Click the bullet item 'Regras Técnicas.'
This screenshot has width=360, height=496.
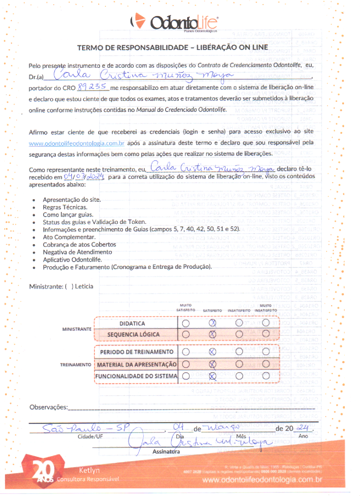pyautogui.click(x=65, y=207)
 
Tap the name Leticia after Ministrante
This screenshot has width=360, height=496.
pyautogui.click(x=85, y=286)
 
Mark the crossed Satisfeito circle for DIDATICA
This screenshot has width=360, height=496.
pyautogui.click(x=213, y=323)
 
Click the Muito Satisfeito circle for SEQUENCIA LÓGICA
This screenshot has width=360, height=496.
pyautogui.click(x=186, y=334)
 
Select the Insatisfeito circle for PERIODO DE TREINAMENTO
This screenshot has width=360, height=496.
pyautogui.click(x=239, y=351)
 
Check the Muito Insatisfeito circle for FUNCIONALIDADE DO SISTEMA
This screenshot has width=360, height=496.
pyautogui.click(x=266, y=375)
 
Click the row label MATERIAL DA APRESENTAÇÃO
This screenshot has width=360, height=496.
pyautogui.click(x=136, y=364)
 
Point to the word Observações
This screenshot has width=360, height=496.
pyautogui.click(x=48, y=407)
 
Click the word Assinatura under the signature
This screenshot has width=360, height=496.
pyautogui.click(x=166, y=452)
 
